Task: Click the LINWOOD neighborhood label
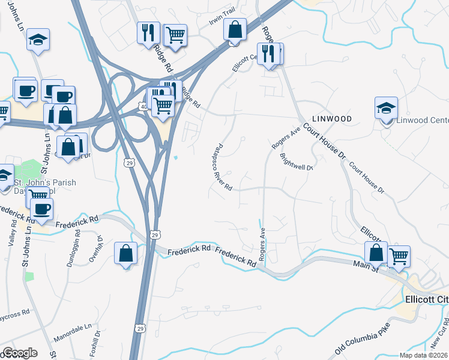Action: point(331,119)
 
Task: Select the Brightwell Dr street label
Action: point(297,163)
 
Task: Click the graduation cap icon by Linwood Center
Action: point(387,109)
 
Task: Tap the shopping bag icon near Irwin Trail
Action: point(235,29)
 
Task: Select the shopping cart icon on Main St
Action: point(399,256)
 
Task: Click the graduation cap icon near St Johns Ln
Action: point(38,40)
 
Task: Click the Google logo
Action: point(19,353)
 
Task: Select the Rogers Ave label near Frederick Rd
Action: point(262,244)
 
